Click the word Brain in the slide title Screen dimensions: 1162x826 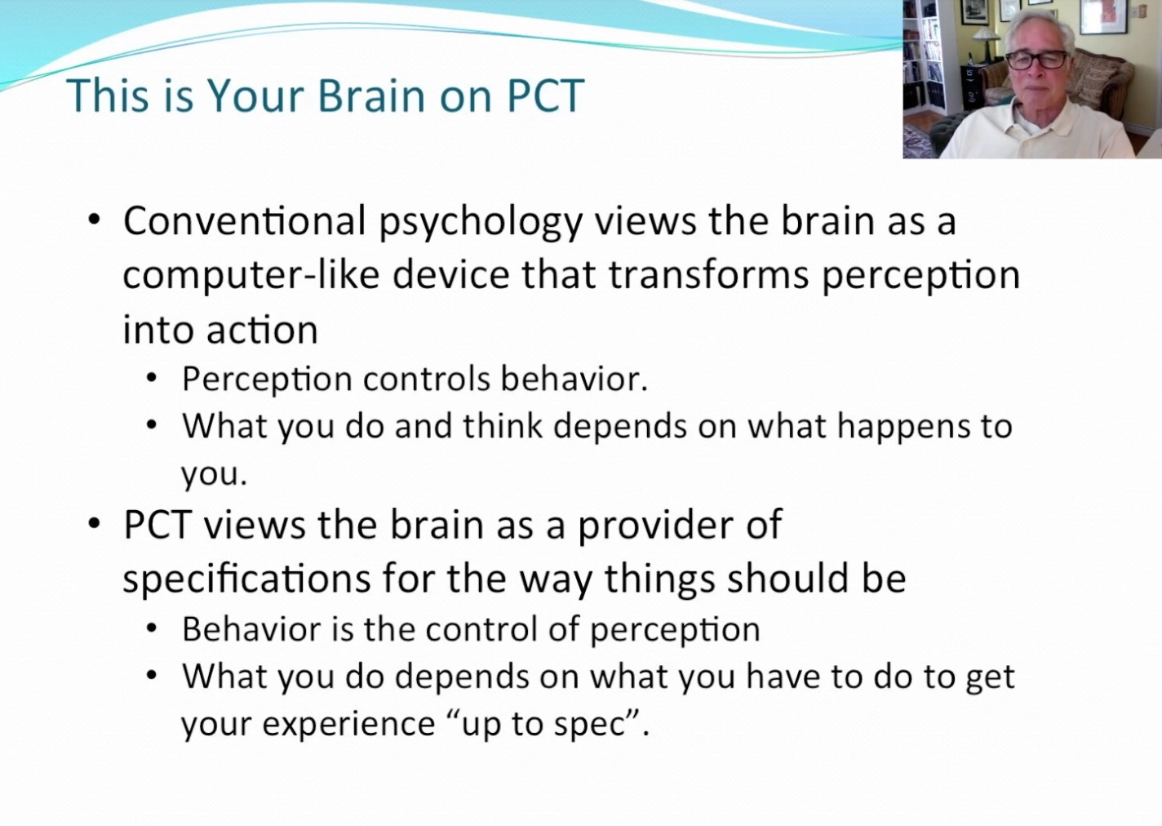click(372, 96)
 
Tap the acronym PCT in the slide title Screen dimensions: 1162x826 click(545, 96)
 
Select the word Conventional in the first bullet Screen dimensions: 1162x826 click(245, 221)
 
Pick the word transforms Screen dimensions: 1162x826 click(709, 275)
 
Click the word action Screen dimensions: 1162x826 click(262, 330)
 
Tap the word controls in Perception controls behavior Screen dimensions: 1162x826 click(427, 380)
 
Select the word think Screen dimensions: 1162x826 click(503, 426)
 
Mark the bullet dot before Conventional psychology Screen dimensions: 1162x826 click(94, 220)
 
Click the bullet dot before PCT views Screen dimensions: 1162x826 click(94, 523)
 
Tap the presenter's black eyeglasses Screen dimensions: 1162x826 click(1036, 60)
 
